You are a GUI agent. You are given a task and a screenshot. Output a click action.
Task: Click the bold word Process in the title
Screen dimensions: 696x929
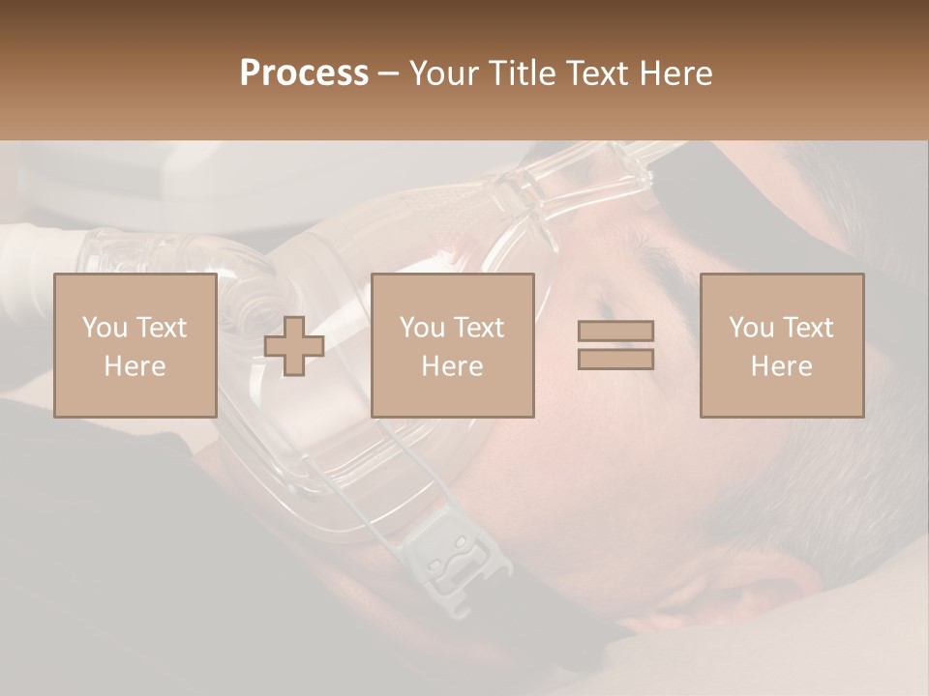[304, 73]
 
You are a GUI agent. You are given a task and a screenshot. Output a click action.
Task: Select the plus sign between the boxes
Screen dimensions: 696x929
[294, 346]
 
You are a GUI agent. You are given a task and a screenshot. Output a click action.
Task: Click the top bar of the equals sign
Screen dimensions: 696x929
[615, 332]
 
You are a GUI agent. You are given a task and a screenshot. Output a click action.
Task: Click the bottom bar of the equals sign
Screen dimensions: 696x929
[615, 359]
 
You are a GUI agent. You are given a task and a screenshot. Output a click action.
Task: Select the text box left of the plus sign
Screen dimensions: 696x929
[135, 345]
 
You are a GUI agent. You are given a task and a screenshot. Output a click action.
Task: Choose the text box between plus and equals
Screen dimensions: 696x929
[452, 345]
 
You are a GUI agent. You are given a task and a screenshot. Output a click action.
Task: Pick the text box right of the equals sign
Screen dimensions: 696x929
[781, 345]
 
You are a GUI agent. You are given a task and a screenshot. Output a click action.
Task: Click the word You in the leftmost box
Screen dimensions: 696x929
[105, 328]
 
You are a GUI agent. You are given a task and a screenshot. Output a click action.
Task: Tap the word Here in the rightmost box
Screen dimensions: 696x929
[781, 366]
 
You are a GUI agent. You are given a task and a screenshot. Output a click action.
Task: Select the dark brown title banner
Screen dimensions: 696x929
[464, 29]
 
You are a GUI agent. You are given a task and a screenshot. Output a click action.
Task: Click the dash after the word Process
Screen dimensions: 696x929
[388, 73]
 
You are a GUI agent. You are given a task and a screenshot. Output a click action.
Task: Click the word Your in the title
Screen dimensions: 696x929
[444, 73]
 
